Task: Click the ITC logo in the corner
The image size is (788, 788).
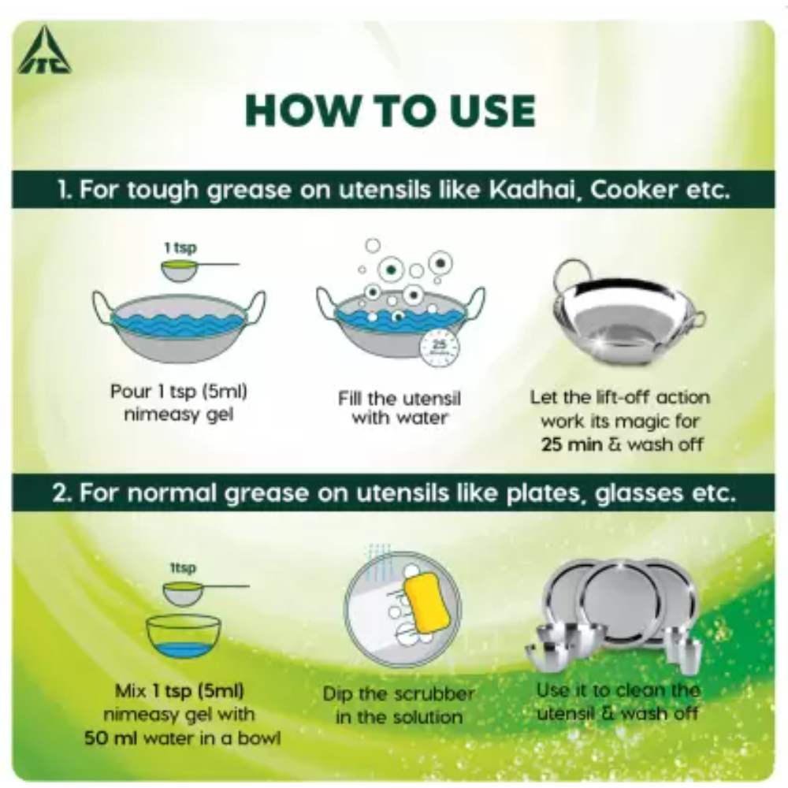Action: click(x=45, y=51)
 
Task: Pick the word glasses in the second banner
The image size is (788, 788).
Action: click(x=639, y=493)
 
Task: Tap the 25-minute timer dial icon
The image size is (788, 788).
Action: click(x=440, y=348)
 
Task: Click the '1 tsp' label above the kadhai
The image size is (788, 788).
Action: click(x=180, y=247)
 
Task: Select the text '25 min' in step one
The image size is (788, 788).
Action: click(x=564, y=444)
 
